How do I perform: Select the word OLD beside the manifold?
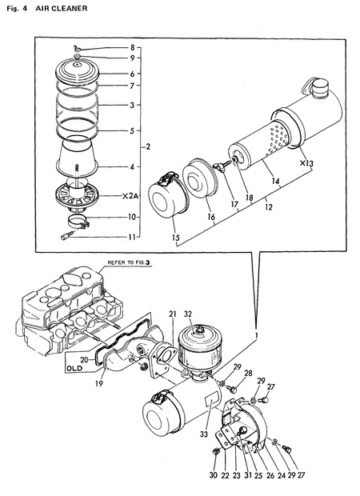(74, 369)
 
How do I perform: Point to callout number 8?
(133, 48)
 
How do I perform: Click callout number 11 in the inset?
(133, 238)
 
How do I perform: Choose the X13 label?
(305, 163)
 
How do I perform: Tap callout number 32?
(188, 314)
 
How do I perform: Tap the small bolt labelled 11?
(67, 236)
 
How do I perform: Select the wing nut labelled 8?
(74, 49)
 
